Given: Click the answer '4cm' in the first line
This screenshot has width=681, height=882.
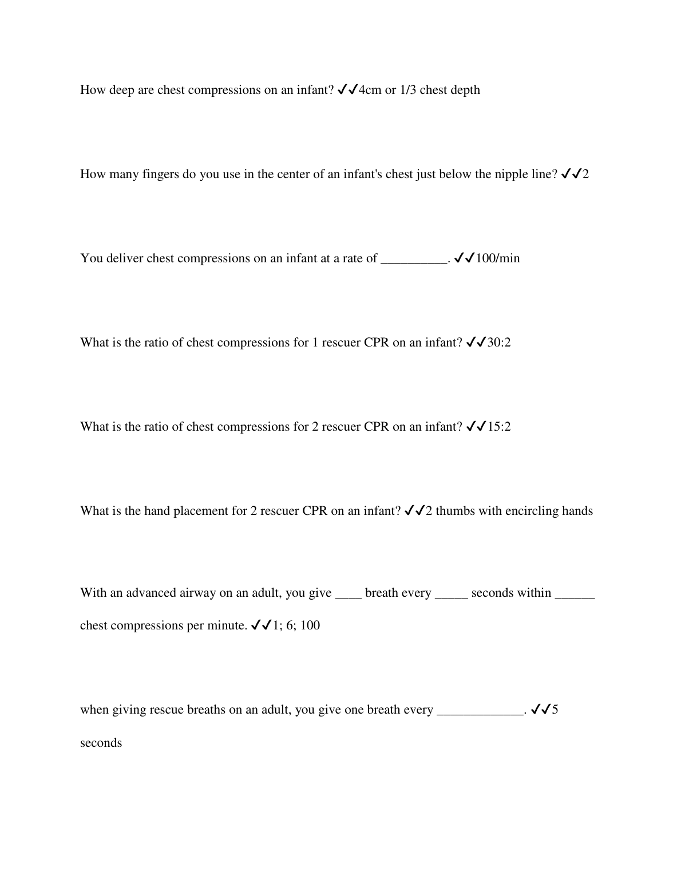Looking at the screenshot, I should coord(370,90).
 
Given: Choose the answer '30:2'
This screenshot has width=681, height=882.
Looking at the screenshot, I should coord(499,342).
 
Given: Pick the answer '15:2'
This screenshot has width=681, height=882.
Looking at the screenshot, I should coord(499,427).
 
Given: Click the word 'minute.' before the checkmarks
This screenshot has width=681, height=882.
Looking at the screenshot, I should coord(228,625).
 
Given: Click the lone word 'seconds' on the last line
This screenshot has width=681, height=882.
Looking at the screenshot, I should coord(101,743).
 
